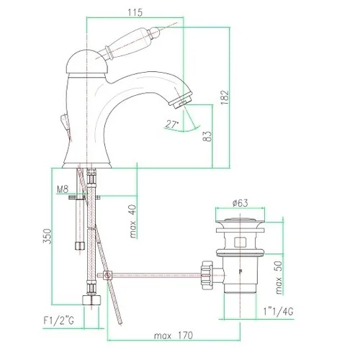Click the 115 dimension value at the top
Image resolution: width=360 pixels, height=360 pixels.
135,12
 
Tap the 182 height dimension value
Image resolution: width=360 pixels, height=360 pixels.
225,97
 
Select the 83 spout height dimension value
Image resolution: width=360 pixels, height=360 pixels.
208,136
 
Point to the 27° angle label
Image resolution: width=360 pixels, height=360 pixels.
172,125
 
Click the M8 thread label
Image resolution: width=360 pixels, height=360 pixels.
63,189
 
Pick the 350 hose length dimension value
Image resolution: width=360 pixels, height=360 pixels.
48,236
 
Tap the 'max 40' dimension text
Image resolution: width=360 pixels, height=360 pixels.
132,221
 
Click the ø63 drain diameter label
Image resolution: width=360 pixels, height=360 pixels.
240,203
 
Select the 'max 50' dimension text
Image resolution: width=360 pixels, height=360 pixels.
279,277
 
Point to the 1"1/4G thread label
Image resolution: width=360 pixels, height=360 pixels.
278,312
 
